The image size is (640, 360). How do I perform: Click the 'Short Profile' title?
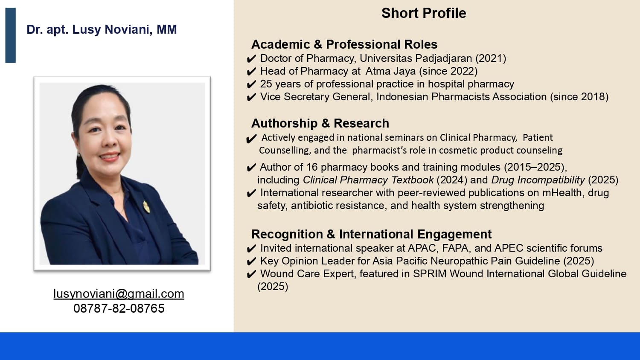[x=424, y=13]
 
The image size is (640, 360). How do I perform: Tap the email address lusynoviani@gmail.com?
[x=119, y=294]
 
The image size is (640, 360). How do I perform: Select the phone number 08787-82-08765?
[x=119, y=308]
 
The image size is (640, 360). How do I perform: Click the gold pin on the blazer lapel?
[x=146, y=206]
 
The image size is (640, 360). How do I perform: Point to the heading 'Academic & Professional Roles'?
[x=344, y=44]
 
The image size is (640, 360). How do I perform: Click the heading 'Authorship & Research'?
[x=320, y=123]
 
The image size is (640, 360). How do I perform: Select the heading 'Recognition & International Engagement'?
[x=372, y=234]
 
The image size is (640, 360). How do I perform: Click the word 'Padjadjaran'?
[x=443, y=58]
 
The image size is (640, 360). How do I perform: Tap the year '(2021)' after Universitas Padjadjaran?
[x=491, y=58]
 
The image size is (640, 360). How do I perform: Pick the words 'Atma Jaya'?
[x=390, y=71]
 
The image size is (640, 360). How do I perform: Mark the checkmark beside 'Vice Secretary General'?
[x=251, y=97]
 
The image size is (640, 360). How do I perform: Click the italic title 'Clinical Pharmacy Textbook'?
[x=368, y=180]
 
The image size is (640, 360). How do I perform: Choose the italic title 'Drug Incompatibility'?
[x=538, y=180]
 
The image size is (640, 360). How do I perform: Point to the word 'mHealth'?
[x=562, y=193]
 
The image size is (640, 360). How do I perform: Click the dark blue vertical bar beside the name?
[x=11, y=35]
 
